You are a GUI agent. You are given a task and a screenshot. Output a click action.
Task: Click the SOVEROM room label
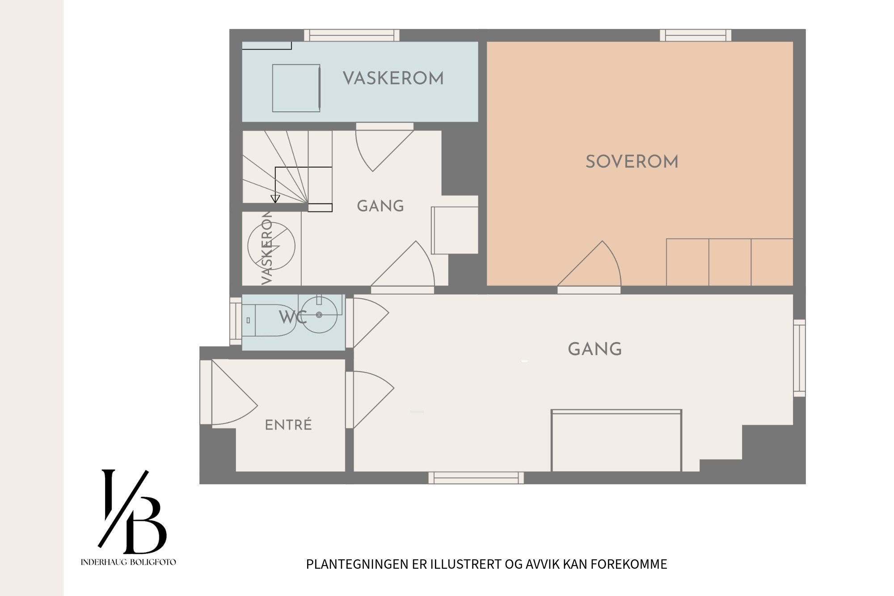[x=632, y=162]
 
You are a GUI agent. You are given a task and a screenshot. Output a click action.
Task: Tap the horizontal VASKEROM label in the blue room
[x=393, y=79]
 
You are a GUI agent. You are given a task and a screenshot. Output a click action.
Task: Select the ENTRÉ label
[x=288, y=425]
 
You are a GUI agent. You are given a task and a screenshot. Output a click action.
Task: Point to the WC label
[x=293, y=317]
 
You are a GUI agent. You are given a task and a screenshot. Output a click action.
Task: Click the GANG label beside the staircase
[x=380, y=206]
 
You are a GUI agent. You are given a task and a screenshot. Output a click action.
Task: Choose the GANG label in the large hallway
[x=595, y=349]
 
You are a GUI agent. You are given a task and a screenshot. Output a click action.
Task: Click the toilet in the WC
[x=269, y=320]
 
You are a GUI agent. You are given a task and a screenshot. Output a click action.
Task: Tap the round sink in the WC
[x=319, y=315]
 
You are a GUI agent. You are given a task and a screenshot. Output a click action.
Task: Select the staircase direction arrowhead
[x=275, y=199]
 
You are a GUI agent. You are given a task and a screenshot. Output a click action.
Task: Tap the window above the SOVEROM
[x=696, y=35]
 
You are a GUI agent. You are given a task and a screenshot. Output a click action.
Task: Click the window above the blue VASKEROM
[x=352, y=35]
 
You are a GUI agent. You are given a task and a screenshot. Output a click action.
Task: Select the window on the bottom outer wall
[x=476, y=478]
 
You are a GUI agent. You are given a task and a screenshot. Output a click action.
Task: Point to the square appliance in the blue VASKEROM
[x=296, y=88]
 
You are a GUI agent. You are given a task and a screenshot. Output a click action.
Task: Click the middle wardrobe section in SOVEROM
[x=730, y=262]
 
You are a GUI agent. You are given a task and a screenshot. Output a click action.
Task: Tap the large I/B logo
[x=132, y=511]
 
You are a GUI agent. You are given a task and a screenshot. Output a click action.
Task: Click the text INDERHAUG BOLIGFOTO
[x=128, y=562]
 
